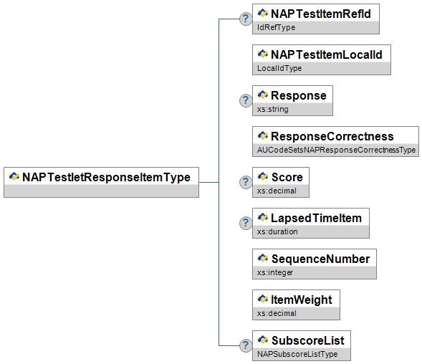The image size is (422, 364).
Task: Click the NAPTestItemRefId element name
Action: click(x=321, y=14)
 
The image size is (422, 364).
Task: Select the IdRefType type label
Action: click(x=276, y=27)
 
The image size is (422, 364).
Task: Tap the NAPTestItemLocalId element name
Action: click(x=327, y=55)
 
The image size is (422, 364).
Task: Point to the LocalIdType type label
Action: click(x=279, y=68)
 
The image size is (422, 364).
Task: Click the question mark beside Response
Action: click(x=246, y=100)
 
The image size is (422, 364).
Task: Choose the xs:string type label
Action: click(x=273, y=110)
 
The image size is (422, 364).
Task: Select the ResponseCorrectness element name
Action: click(x=332, y=136)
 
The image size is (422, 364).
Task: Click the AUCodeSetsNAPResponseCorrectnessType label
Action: click(x=337, y=150)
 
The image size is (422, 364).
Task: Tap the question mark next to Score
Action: click(x=246, y=182)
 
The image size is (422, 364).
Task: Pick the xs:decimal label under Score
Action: click(x=277, y=191)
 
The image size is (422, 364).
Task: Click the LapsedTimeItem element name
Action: click(x=316, y=218)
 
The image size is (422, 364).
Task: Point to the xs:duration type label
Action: click(x=277, y=232)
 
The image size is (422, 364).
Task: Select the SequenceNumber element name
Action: click(x=320, y=259)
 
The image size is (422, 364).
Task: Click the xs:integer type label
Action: click(x=275, y=273)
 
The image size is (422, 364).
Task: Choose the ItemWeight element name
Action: click(x=302, y=300)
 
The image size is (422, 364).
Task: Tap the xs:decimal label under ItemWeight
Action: click(x=277, y=314)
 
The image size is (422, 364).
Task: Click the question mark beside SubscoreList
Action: click(x=246, y=345)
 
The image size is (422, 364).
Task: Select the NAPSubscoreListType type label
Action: click(x=297, y=354)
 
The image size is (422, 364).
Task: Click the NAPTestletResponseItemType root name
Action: click(x=106, y=178)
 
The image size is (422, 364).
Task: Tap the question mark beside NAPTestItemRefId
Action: click(x=246, y=19)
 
